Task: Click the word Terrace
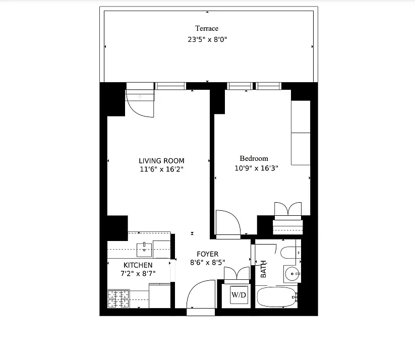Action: [207, 29]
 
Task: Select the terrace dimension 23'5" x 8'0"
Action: [207, 39]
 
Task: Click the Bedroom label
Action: [254, 158]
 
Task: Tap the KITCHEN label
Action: [138, 265]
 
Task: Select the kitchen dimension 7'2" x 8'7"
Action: [138, 274]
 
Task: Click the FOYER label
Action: [207, 254]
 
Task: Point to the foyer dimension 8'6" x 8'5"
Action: [207, 262]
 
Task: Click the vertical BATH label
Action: [263, 268]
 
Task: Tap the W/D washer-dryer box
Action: [239, 295]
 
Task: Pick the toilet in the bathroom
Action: [289, 253]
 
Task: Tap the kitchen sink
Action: [145, 249]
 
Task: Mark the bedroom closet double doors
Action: [287, 210]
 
